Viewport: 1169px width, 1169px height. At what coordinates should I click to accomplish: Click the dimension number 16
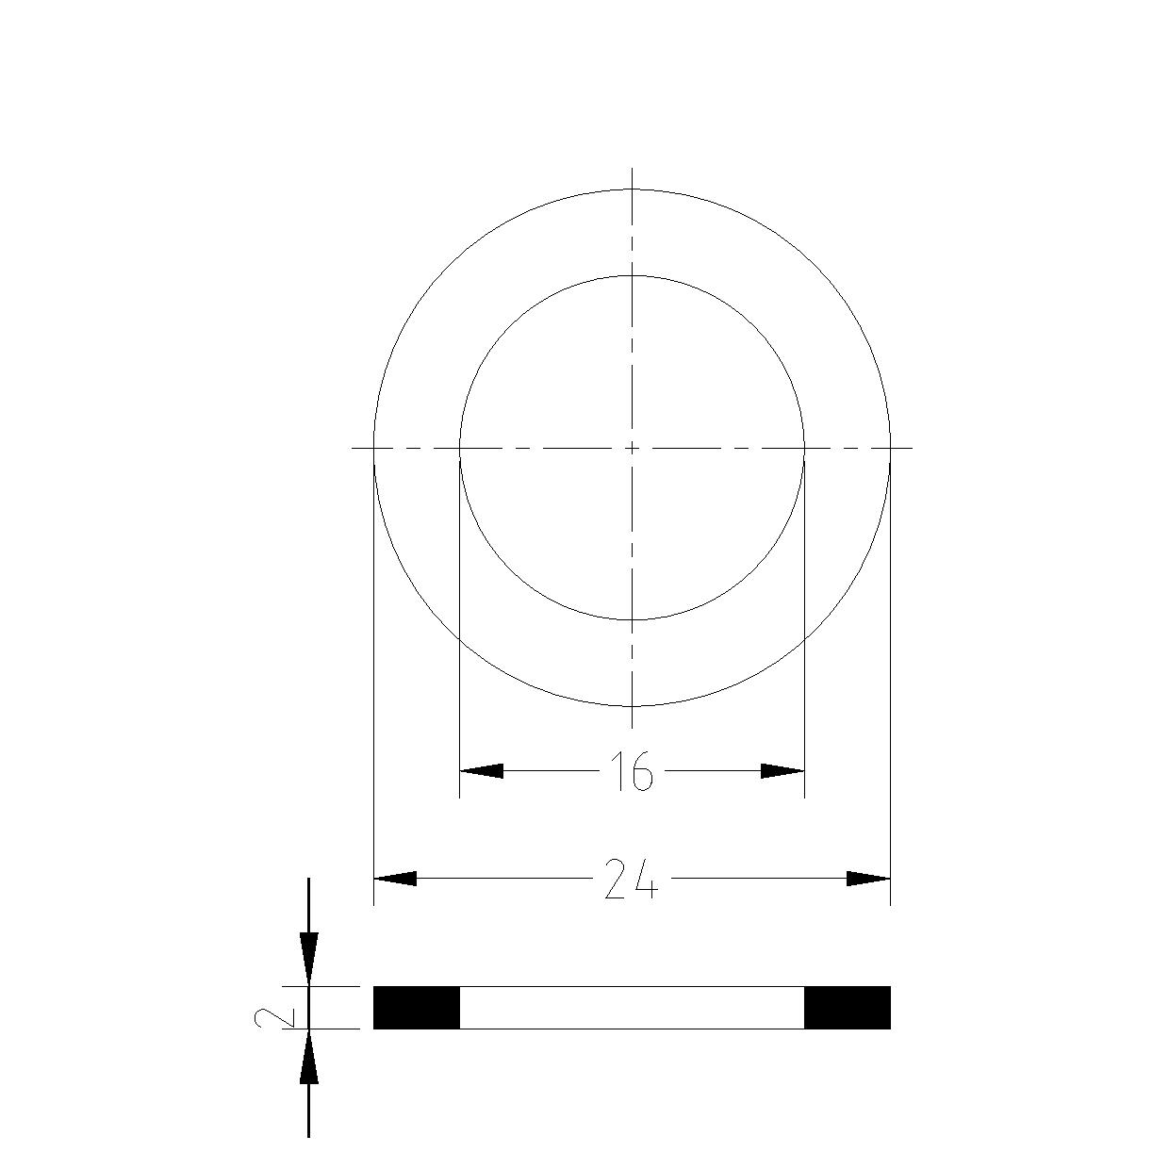[x=632, y=771]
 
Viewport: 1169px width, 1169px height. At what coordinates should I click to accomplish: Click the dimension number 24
[x=632, y=878]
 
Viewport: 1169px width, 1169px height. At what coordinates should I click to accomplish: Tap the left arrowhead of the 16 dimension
[x=481, y=771]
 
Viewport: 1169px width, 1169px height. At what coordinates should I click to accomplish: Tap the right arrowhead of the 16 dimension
[x=782, y=771]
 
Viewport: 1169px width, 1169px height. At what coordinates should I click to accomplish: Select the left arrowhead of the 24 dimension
[x=395, y=878]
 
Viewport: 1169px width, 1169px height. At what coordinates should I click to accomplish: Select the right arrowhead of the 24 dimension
[x=868, y=878]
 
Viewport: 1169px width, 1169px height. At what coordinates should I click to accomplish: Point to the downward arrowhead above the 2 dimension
[x=309, y=964]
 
